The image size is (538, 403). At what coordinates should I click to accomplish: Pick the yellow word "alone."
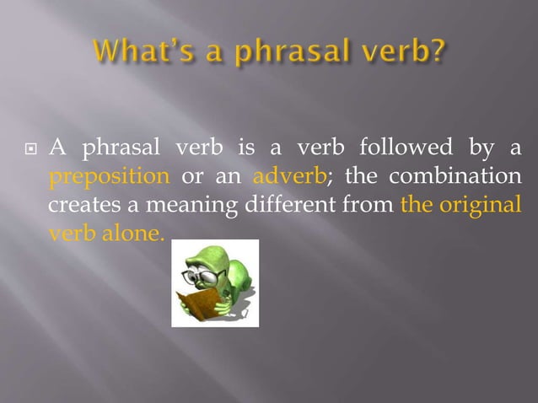coord(132,233)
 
